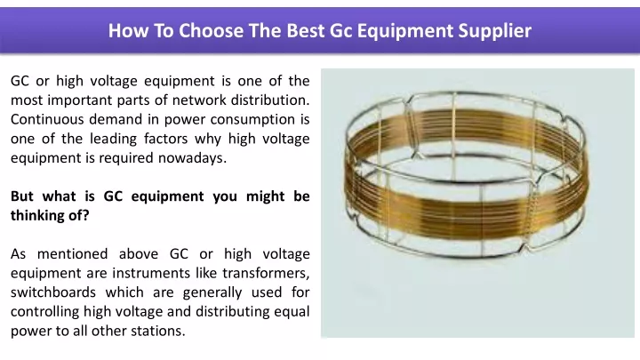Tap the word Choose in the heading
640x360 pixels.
pyautogui.click(x=211, y=30)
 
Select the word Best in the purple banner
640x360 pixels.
pyautogui.click(x=305, y=30)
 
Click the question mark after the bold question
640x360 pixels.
pyautogui.click(x=85, y=215)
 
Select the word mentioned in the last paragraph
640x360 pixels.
pyautogui.click(x=72, y=254)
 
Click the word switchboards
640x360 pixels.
pyautogui.click(x=53, y=292)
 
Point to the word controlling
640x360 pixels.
pyautogui.click(x=45, y=312)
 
